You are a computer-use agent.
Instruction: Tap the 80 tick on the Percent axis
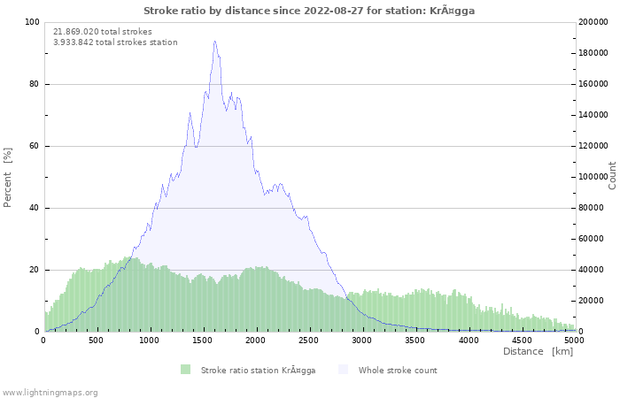pyautogui.click(x=35, y=84)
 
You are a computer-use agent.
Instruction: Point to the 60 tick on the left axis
pyautogui.click(x=35, y=146)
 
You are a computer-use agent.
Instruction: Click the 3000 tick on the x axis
pyautogui.click(x=362, y=340)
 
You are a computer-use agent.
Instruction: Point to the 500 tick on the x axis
pyautogui.click(x=97, y=340)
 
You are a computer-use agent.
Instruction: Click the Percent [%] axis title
pyautogui.click(x=8, y=177)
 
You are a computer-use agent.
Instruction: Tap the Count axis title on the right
pyautogui.click(x=612, y=175)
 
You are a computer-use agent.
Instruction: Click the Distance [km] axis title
pyautogui.click(x=538, y=351)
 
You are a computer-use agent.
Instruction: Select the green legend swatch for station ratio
pyautogui.click(x=185, y=370)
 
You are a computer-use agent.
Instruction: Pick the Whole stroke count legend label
pyautogui.click(x=398, y=370)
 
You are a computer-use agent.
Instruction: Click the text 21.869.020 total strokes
pyautogui.click(x=103, y=31)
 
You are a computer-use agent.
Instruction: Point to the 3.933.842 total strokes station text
pyautogui.click(x=115, y=42)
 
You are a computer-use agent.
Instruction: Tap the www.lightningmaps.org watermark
pyautogui.click(x=50, y=392)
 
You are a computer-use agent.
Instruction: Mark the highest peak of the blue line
pyautogui.click(x=214, y=41)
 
